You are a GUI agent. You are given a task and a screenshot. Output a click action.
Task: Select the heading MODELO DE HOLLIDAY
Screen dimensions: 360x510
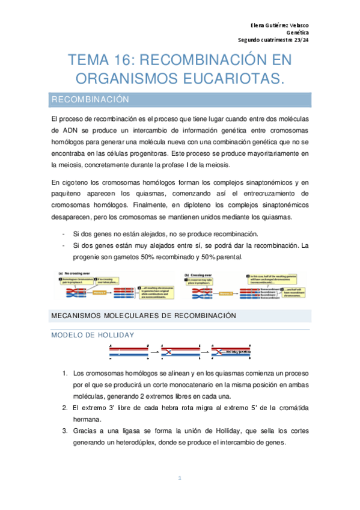[93, 334]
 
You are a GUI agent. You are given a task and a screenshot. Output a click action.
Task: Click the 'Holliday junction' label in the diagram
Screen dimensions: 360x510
[236, 352]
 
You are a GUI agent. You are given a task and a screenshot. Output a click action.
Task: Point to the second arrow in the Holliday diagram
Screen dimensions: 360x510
[204, 352]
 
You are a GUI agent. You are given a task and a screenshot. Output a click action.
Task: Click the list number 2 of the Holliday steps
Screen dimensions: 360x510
[64, 408]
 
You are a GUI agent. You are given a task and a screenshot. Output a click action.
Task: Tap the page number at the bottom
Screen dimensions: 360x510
[179, 478]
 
